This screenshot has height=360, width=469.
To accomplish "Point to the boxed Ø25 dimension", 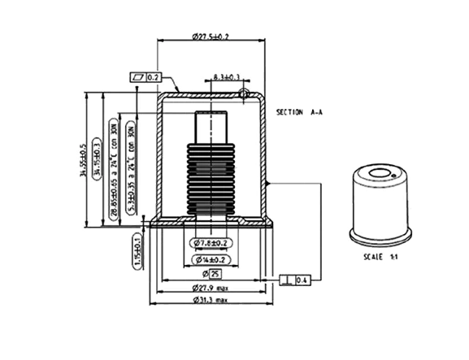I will point(212,272).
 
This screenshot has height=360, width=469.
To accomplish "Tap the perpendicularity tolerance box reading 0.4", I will point(295,280).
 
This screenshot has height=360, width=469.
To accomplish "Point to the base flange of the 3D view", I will point(380,235).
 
